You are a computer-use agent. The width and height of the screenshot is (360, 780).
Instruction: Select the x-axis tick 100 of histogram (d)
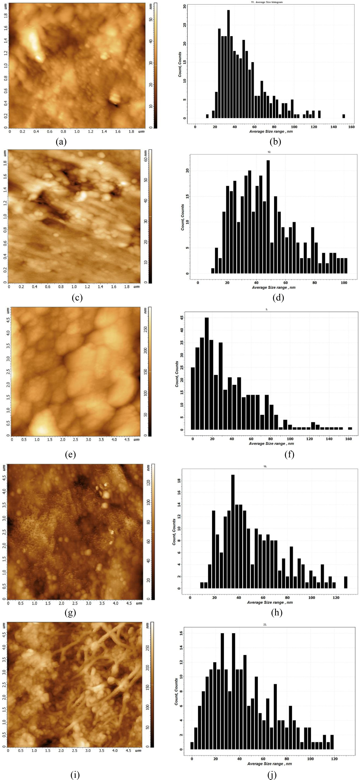pos(344,283)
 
